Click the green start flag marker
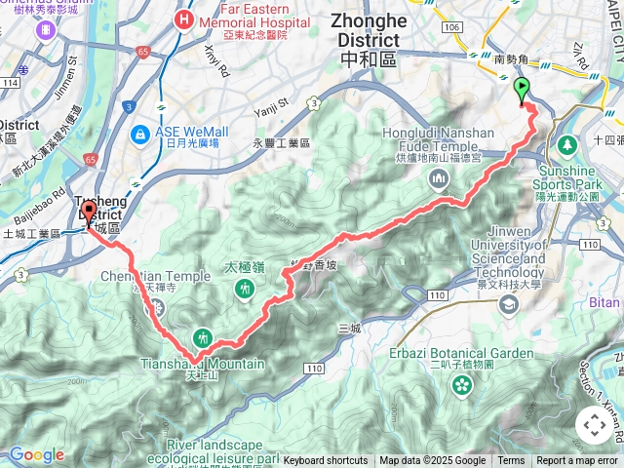(x=522, y=91)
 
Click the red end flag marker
(x=89, y=213)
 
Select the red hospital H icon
(x=181, y=19)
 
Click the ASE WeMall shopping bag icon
(x=140, y=132)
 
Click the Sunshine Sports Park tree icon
(x=568, y=146)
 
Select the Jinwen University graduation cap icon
(x=508, y=305)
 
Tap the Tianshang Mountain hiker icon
(x=203, y=337)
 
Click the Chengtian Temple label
(x=156, y=276)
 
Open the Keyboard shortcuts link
(x=326, y=461)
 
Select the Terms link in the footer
(x=511, y=461)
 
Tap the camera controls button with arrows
(x=594, y=425)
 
